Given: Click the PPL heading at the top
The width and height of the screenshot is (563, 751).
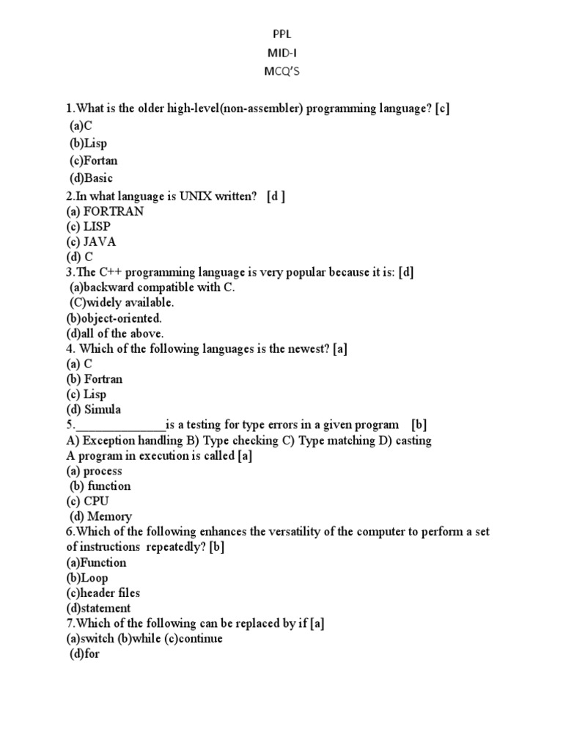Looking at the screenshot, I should click(x=282, y=34).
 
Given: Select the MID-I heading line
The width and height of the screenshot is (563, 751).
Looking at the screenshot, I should click(x=282, y=53).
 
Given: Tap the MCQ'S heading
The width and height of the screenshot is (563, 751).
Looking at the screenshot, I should click(x=282, y=72).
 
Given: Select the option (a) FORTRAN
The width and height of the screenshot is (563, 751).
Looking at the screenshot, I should click(x=105, y=211).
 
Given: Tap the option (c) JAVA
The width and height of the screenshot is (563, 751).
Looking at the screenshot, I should click(x=91, y=241).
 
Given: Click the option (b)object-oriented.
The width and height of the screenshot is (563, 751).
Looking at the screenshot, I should click(x=114, y=318).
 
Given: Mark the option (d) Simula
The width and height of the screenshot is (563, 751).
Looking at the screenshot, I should click(x=93, y=409).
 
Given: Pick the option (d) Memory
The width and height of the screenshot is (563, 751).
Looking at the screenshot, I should click(x=100, y=516).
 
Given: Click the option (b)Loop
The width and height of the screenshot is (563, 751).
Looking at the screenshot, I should click(x=87, y=578).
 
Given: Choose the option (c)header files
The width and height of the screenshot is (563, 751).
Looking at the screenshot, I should click(x=103, y=593).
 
